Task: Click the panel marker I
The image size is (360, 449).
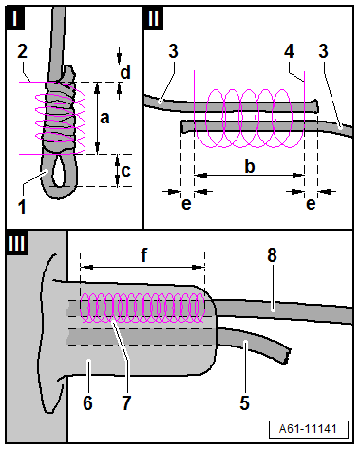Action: tap(15, 18)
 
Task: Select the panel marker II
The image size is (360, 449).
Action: tap(154, 18)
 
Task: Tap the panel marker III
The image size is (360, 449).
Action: tap(17, 243)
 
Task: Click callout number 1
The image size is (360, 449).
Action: tap(21, 207)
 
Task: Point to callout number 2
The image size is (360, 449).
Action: tap(22, 51)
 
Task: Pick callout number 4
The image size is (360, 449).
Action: tap(289, 51)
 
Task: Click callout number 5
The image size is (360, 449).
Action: tap(244, 402)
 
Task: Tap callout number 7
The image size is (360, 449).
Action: tap(126, 402)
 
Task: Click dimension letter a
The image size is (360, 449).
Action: tap(104, 118)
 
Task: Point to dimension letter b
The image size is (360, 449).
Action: tap(250, 165)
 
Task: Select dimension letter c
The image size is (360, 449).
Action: tap(125, 171)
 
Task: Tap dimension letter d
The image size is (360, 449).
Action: tap(125, 72)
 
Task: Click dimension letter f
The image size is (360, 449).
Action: tap(144, 254)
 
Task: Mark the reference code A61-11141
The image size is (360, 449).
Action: tap(308, 429)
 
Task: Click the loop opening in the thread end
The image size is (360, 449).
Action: tap(60, 171)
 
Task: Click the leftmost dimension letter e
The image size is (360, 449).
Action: tap(186, 204)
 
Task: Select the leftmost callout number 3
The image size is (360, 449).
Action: tap(173, 51)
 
